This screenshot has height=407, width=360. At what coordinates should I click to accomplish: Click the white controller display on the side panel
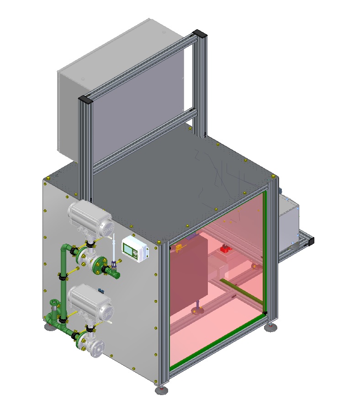[134, 249]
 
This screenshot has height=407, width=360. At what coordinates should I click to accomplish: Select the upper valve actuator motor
[90, 217]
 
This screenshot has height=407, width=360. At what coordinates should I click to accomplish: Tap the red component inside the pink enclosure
[225, 249]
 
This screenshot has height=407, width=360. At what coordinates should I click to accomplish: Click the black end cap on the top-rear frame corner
[199, 33]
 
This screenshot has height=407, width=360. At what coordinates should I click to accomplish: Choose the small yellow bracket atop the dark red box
[179, 247]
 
